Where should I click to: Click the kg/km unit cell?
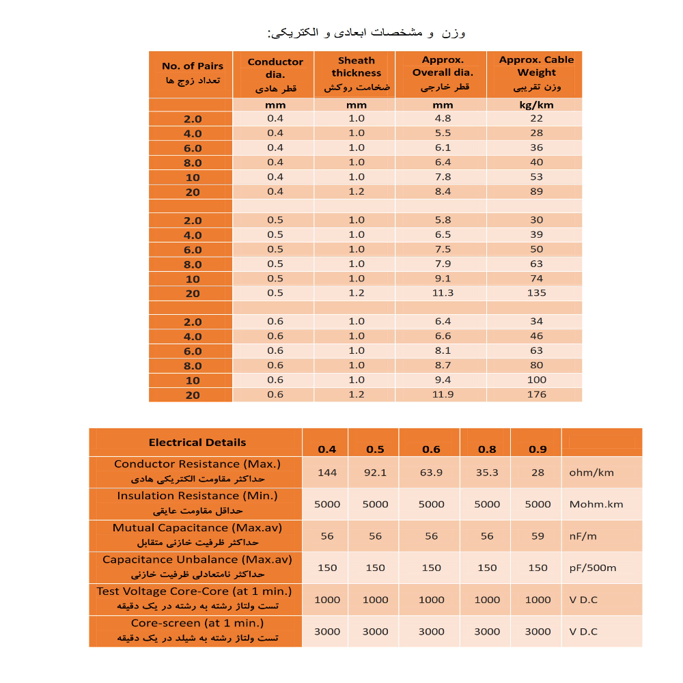(x=536, y=105)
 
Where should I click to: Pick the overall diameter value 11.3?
(x=443, y=293)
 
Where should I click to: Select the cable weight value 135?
(x=536, y=293)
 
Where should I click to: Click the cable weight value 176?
(x=536, y=395)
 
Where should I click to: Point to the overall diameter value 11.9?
(x=443, y=395)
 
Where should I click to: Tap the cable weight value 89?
(x=536, y=191)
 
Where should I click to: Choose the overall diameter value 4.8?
(x=443, y=118)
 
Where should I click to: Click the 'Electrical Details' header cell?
(x=197, y=443)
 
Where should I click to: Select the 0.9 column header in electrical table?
(x=538, y=449)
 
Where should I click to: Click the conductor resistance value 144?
(x=327, y=472)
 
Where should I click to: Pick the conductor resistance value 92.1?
(x=375, y=472)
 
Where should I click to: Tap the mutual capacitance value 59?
(x=538, y=536)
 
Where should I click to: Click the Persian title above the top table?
(x=366, y=33)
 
